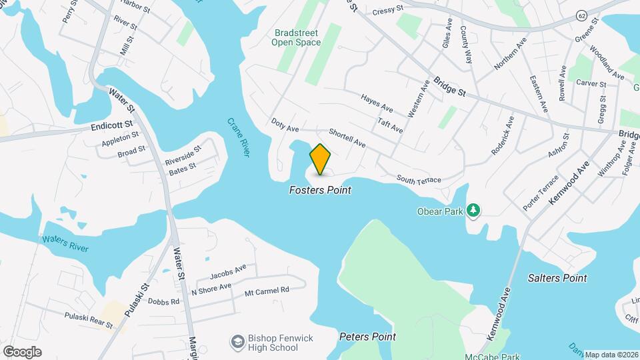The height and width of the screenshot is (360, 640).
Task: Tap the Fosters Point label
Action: pyautogui.click(x=320, y=191)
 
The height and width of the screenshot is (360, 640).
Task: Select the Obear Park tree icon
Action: pyautogui.click(x=473, y=211)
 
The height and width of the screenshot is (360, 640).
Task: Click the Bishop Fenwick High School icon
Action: pyautogui.click(x=237, y=343)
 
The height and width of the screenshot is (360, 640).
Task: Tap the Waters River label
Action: pyautogui.click(x=65, y=243)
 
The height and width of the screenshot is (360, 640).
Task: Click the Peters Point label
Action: pyautogui.click(x=367, y=337)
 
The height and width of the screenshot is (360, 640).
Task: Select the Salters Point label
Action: pyautogui.click(x=557, y=278)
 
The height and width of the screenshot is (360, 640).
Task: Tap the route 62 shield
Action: pyautogui.click(x=581, y=15)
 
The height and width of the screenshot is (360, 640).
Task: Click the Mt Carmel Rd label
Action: pyautogui.click(x=267, y=291)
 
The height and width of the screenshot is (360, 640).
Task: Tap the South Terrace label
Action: pyautogui.click(x=419, y=179)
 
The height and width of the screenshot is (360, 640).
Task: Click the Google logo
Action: pyautogui.click(x=22, y=352)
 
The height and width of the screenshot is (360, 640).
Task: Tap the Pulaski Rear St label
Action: pyautogui.click(x=89, y=319)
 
